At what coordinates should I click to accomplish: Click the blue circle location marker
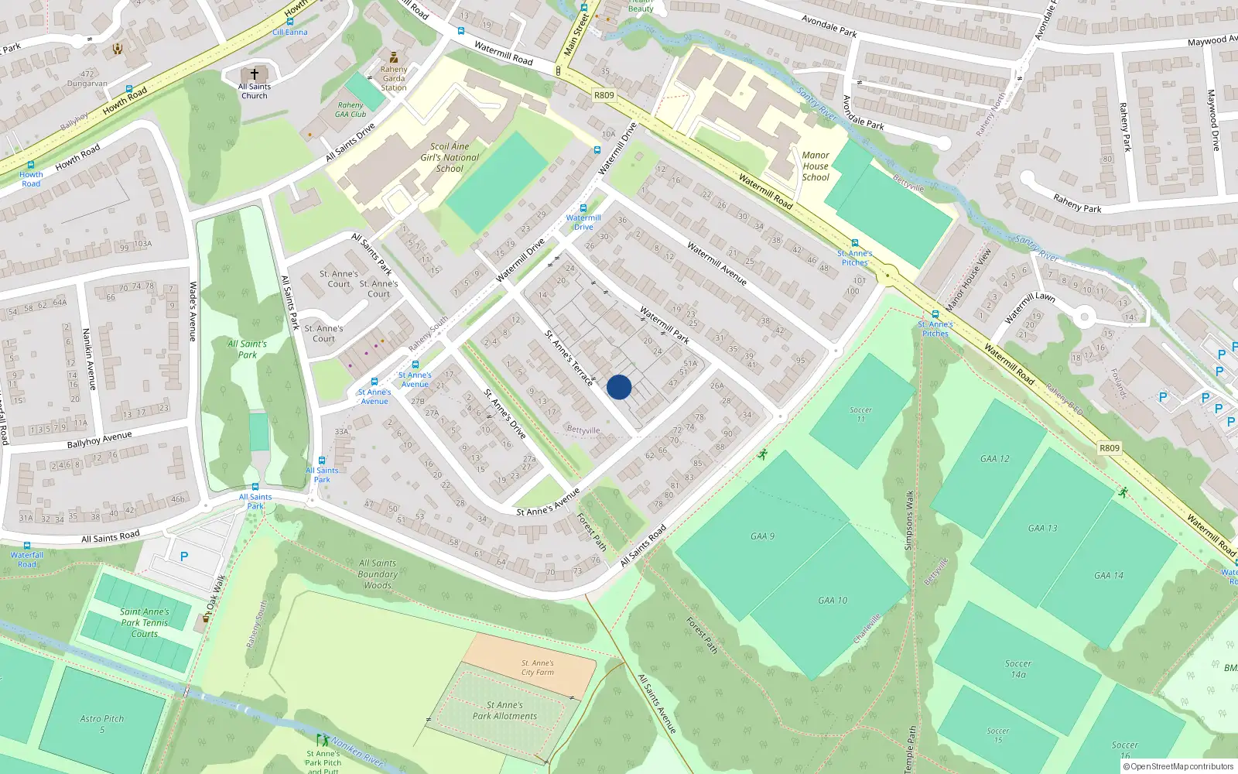coord(619,387)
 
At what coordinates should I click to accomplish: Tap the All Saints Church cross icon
coord(254,74)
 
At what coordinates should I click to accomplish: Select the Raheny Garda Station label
coord(393,78)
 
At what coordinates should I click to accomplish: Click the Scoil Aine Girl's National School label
coord(450,157)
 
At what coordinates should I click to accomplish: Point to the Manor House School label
coord(816,166)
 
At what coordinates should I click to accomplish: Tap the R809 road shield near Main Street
coord(604,95)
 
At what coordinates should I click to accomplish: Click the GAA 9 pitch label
coord(762,536)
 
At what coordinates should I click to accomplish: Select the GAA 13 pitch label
coord(1042,528)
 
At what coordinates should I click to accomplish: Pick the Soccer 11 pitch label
coord(860,414)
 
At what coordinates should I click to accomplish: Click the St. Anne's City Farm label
coord(537,667)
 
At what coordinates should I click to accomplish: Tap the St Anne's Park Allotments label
coord(504,711)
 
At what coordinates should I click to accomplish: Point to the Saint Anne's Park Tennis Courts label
coord(145,622)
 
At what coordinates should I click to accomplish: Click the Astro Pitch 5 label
coord(101,724)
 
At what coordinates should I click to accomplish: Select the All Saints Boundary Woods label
coord(378,574)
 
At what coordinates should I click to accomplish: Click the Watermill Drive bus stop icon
coord(583,208)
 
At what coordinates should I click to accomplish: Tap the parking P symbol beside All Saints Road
coord(184,557)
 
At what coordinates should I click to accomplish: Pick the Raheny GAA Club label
coord(351,110)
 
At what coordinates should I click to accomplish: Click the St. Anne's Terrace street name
coord(569,358)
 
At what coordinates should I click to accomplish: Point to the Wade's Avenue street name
coord(193,311)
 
